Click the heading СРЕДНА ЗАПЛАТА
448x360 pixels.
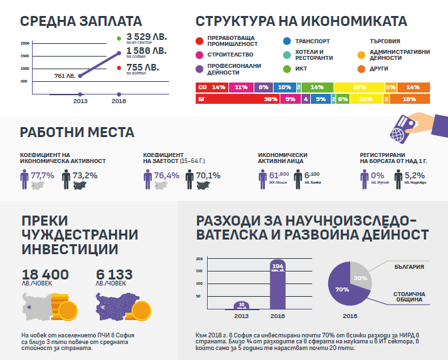click(x=71, y=21)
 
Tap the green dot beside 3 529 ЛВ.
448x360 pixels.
click(x=118, y=38)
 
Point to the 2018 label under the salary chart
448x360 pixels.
click(x=119, y=101)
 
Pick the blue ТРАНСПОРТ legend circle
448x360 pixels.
click(x=286, y=41)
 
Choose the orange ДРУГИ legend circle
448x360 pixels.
click(x=362, y=68)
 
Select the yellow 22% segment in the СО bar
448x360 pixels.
click(x=359, y=87)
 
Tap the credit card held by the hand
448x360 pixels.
click(x=404, y=126)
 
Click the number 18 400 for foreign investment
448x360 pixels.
click(x=45, y=275)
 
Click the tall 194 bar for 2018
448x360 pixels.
click(x=278, y=285)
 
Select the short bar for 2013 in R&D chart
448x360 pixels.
click(x=242, y=305)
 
